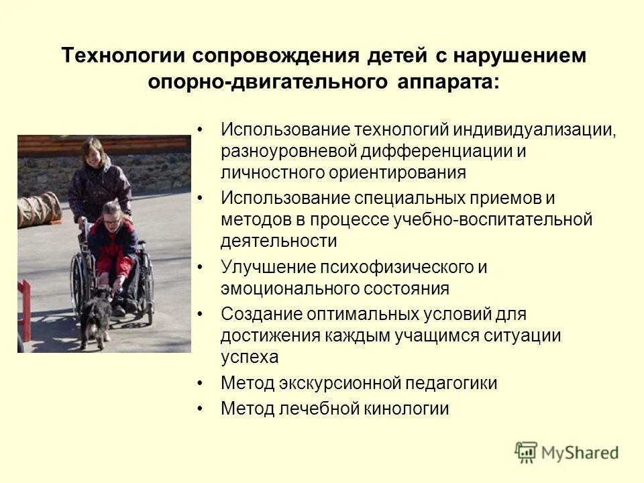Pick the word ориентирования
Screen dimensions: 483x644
click(397, 172)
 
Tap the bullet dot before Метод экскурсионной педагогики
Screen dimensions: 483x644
click(201, 384)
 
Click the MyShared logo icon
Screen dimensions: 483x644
click(527, 453)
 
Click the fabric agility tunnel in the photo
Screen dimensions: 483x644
click(39, 209)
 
